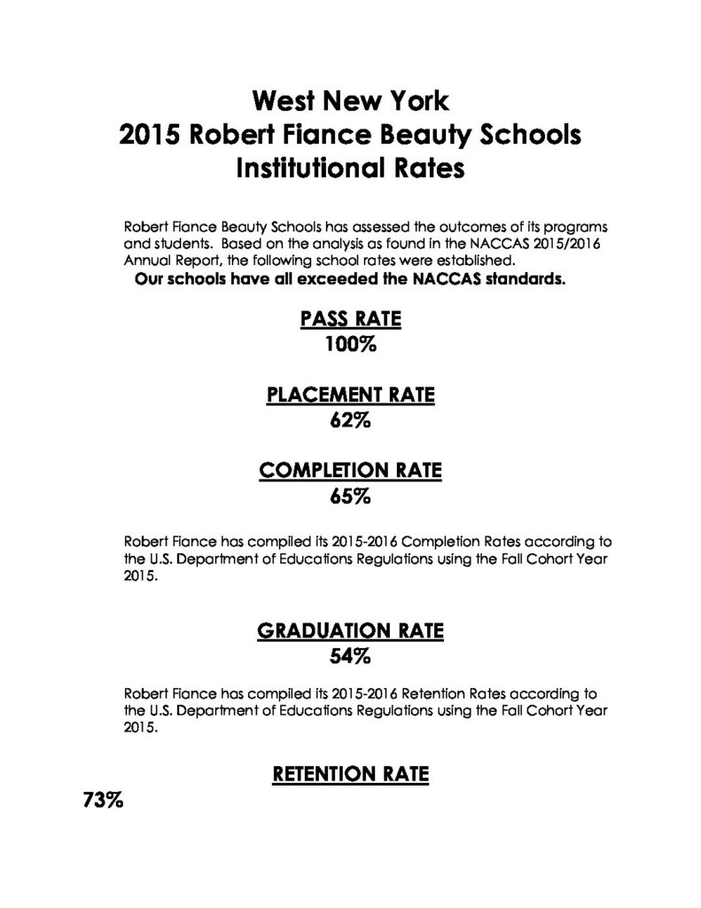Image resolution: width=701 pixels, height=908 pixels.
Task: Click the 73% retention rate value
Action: [x=103, y=801]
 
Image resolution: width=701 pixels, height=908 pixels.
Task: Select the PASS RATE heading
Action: [x=350, y=320]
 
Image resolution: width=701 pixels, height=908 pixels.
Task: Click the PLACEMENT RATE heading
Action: [x=350, y=396]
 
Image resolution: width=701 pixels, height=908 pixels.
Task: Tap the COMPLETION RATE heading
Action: [x=350, y=472]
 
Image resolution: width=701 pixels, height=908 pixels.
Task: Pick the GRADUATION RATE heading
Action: [x=350, y=631]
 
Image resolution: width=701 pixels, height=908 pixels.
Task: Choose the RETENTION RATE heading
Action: [x=350, y=775]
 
